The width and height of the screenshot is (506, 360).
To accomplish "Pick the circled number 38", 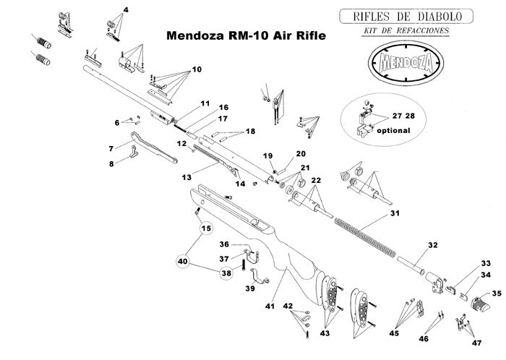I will [x=226, y=274].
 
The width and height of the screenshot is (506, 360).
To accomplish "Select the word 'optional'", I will [x=393, y=131].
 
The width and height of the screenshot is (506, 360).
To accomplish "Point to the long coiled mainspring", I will [x=364, y=234].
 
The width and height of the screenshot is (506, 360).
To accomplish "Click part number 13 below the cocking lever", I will [x=186, y=176].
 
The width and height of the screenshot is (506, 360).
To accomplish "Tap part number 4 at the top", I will [x=126, y=9].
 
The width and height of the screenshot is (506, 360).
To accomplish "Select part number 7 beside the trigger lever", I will [x=111, y=148].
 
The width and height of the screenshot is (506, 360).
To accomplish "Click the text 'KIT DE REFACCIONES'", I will [x=407, y=31].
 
